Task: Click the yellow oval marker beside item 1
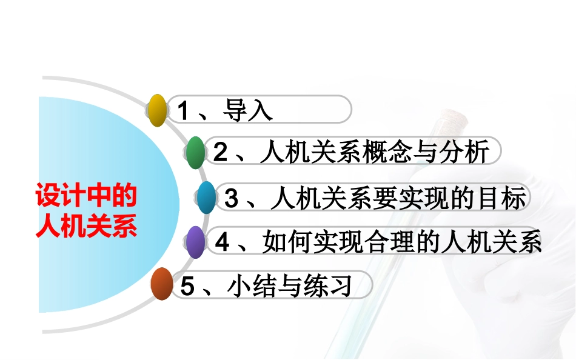158,110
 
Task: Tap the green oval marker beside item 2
195,153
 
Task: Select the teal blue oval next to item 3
207,198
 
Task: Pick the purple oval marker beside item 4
195,242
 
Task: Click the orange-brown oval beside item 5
161,284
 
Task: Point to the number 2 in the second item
219,153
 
